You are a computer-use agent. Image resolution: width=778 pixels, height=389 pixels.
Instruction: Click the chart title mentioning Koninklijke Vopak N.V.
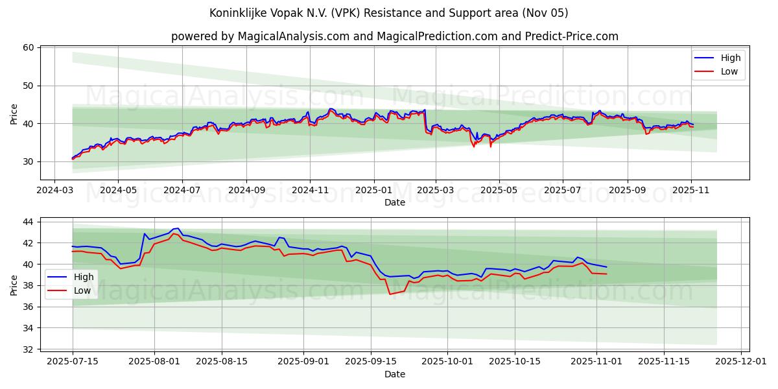(388, 13)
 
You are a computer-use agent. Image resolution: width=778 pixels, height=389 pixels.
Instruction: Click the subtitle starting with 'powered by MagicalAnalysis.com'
(394, 36)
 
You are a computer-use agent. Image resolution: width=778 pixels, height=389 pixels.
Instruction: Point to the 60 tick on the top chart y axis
(28, 47)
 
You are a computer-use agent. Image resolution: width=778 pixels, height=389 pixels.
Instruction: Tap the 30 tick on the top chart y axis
(28, 161)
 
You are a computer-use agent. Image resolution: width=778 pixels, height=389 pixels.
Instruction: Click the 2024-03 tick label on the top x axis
(54, 191)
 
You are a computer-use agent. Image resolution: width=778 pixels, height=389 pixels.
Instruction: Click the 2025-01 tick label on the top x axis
(373, 191)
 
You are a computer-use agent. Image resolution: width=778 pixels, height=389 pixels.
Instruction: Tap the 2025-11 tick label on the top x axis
(691, 191)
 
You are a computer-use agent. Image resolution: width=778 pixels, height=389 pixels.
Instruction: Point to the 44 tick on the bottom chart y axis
(28, 222)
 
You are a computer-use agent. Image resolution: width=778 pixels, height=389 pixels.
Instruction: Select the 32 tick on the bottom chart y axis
(28, 349)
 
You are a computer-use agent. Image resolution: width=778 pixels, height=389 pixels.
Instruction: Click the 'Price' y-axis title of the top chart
(14, 114)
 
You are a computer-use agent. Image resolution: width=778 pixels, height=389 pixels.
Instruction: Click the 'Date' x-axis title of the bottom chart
(394, 374)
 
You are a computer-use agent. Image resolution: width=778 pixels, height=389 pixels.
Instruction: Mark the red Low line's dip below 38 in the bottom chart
(390, 294)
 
